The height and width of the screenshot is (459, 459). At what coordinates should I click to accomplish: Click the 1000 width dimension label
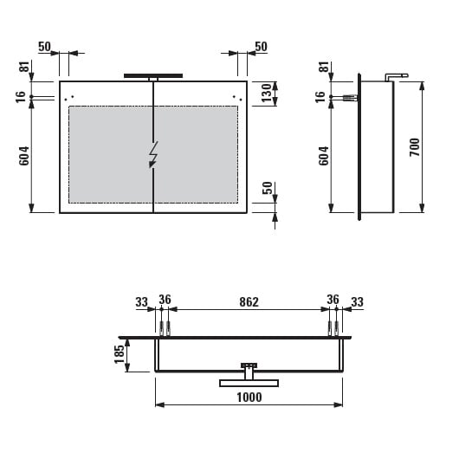point(249,398)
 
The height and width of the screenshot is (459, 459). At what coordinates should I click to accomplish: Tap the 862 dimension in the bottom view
point(249,302)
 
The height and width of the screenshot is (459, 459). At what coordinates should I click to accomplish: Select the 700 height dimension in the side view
point(415,147)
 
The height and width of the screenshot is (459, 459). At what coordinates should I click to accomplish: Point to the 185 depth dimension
point(120,354)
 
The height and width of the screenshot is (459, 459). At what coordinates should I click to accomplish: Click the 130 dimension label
point(267,93)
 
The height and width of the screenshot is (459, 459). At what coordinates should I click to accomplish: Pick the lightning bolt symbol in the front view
point(153,154)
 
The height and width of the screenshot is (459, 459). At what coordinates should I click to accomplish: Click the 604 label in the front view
point(24,156)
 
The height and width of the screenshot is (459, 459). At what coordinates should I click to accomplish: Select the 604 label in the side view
point(324,156)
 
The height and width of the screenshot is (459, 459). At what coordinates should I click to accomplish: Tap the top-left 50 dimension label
point(44,47)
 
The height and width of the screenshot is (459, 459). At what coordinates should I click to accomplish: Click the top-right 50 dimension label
point(261,47)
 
